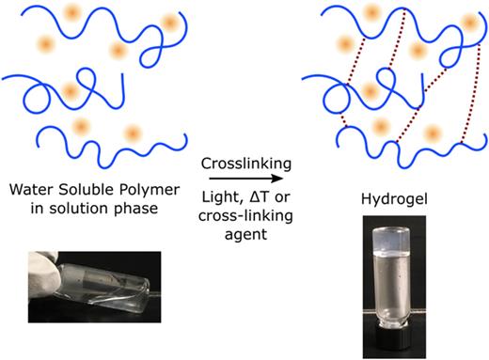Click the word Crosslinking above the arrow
coord(245,164)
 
